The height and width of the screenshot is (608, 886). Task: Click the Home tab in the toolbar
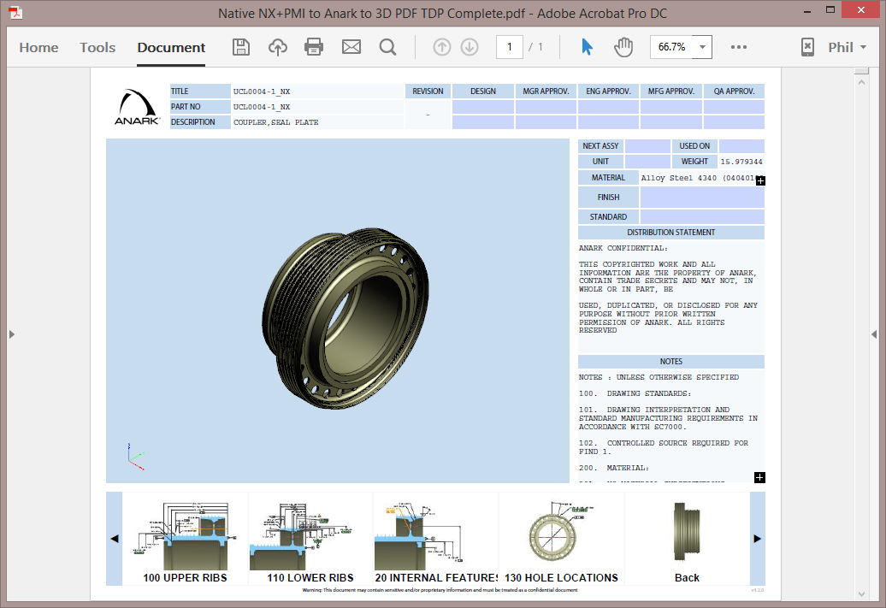[x=38, y=47]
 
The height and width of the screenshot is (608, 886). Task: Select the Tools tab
[x=97, y=47]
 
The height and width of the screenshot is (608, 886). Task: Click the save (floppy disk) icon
[x=241, y=47]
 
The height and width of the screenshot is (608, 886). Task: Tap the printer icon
[x=314, y=47]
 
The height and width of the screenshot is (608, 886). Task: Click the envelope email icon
[x=351, y=47]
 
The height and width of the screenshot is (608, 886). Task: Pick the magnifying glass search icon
[x=387, y=47]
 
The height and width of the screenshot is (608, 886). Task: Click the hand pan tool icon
[x=623, y=47]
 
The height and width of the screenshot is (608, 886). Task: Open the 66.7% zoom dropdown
[x=681, y=47]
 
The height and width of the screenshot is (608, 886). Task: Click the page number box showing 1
[x=510, y=47]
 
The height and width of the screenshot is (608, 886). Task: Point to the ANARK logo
[x=137, y=107]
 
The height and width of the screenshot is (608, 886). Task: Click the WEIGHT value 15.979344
[x=741, y=162]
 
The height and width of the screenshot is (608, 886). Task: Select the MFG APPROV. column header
[x=670, y=91]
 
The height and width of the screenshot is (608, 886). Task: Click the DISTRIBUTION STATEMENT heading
[x=670, y=233]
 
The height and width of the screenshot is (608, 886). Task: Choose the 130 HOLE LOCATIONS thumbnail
[x=561, y=539]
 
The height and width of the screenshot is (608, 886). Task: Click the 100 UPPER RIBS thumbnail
[x=186, y=539]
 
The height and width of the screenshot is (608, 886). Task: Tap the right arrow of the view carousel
[x=757, y=539]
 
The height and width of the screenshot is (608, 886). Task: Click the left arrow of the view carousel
[x=115, y=539]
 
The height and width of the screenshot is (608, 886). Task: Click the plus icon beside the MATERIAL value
[x=760, y=180]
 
